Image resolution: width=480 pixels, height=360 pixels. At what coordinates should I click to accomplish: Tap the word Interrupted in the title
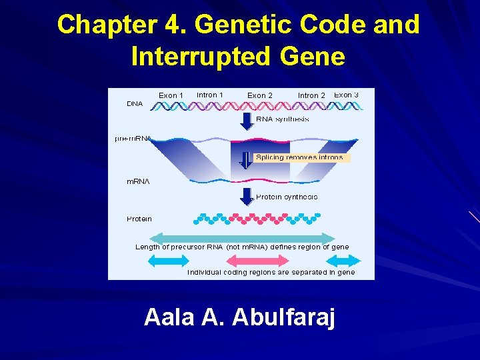pyautogui.click(x=193, y=57)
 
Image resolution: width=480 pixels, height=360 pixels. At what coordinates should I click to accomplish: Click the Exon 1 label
pyautogui.click(x=171, y=95)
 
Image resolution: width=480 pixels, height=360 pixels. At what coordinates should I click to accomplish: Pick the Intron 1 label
pyautogui.click(x=210, y=95)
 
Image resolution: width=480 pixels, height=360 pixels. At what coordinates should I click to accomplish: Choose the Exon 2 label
pyautogui.click(x=260, y=95)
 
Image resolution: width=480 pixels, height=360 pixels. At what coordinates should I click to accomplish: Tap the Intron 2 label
pyautogui.click(x=311, y=95)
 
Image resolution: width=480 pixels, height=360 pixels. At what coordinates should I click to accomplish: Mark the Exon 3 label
pyautogui.click(x=347, y=95)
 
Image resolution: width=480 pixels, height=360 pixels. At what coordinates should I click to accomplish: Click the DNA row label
pyautogui.click(x=135, y=104)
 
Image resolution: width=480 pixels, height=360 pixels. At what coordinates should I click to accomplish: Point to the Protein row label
pyautogui.click(x=139, y=219)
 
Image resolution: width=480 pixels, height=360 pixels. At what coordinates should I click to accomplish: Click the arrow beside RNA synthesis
pyautogui.click(x=245, y=120)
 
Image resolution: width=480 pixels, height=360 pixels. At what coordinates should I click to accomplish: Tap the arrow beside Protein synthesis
pyautogui.click(x=245, y=196)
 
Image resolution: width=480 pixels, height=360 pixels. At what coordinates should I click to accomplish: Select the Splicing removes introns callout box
pyautogui.click(x=302, y=158)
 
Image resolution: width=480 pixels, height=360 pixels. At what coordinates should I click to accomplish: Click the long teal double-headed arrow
pyautogui.click(x=243, y=237)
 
